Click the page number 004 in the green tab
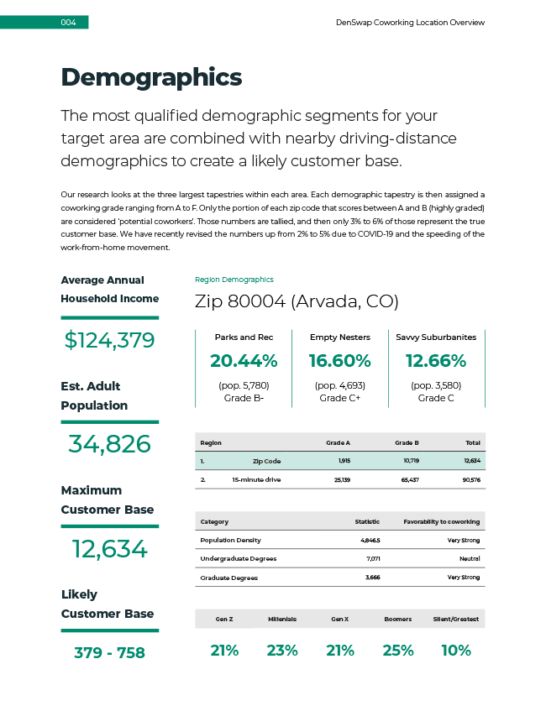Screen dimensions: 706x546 [x=68, y=23]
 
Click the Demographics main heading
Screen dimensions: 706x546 [x=151, y=78]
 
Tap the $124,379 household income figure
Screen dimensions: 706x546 [x=109, y=340]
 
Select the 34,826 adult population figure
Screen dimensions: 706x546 [x=109, y=444]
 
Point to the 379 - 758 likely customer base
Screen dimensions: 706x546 [x=109, y=652]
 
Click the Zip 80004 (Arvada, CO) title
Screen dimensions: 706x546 [x=296, y=301]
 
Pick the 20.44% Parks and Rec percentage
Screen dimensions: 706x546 [x=244, y=361]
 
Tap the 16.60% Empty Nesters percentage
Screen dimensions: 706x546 [x=339, y=361]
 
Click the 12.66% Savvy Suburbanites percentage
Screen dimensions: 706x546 [x=435, y=361]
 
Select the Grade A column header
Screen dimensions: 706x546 [x=338, y=442]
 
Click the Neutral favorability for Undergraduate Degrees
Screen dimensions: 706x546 [x=470, y=558]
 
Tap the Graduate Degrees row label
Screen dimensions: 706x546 [x=228, y=578]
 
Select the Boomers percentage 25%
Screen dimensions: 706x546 [x=397, y=651]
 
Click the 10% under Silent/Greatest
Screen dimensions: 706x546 [x=455, y=651]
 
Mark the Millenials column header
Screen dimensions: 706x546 [x=282, y=619]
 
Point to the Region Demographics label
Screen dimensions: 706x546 [x=234, y=280]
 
